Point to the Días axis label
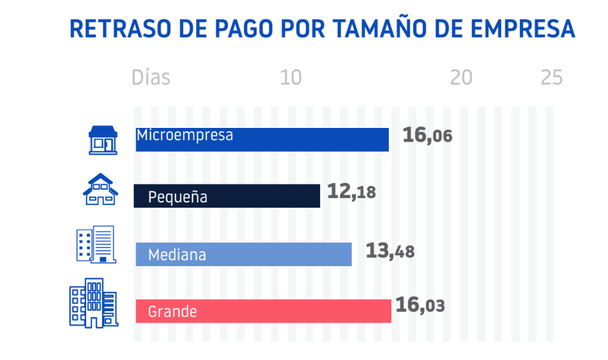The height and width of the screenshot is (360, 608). [150, 78]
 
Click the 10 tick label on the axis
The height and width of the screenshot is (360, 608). [291, 78]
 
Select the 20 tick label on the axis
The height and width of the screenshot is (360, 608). [461, 78]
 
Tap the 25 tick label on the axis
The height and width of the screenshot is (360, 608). [551, 78]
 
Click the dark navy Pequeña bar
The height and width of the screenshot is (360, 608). [257, 196]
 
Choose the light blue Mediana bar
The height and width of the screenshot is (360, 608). [276, 255]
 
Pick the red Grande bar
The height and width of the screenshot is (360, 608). [289, 311]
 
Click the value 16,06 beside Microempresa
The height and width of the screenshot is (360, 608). [427, 136]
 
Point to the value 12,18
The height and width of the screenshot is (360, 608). [351, 192]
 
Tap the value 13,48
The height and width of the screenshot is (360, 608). [389, 251]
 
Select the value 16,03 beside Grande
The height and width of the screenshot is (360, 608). [420, 305]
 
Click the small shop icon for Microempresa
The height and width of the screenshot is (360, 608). [103, 139]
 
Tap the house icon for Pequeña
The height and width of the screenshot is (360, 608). [100, 189]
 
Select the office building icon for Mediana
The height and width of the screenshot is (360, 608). [95, 244]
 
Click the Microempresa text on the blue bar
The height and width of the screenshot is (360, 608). [184, 136]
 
